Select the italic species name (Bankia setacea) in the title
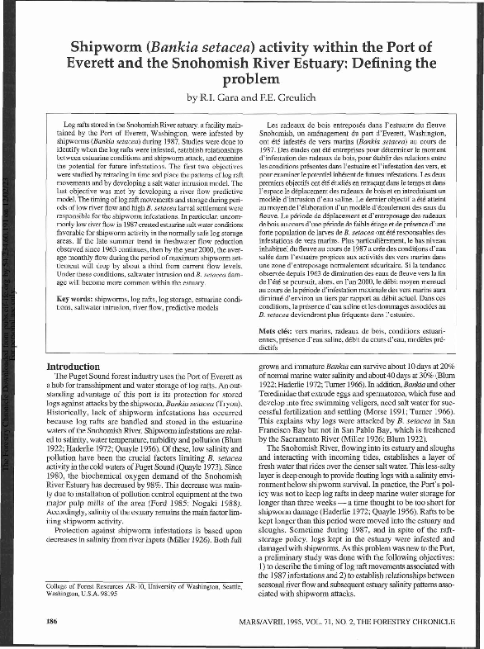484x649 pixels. pyautogui.click(x=215, y=47)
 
